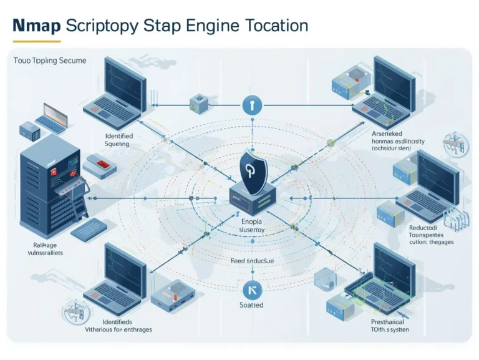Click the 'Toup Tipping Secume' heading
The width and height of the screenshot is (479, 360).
point(50,61)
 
